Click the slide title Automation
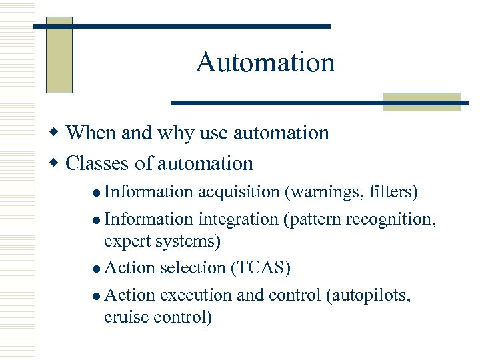point(265,63)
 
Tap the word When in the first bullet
point(91,133)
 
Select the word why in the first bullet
point(177,133)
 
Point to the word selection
point(193,268)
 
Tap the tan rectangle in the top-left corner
point(59,55)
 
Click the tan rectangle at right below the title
point(421,101)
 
